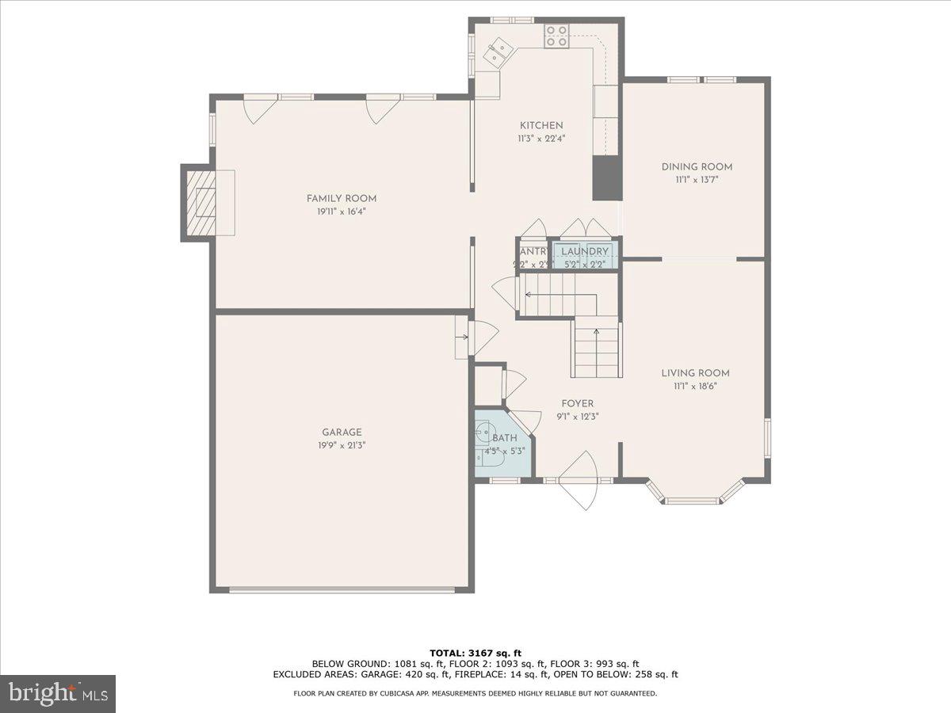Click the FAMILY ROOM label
tap(342, 198)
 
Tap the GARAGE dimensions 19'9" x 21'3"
tap(342, 445)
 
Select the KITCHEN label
tap(541, 125)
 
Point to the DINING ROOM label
tap(697, 166)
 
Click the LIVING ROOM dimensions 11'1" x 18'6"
tap(696, 386)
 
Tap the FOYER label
tap(577, 403)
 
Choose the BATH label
tap(505, 438)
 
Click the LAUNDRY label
tap(585, 252)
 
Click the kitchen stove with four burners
tap(556, 36)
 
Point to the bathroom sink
tap(484, 433)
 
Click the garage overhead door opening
tap(342, 589)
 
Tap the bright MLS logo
tap(58, 693)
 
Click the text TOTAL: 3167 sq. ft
tap(475, 653)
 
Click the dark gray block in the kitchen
tap(607, 177)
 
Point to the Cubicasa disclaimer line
tap(475, 693)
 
